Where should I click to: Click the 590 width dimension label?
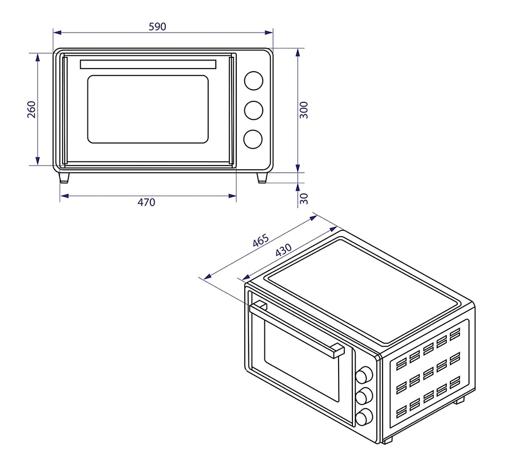[157, 27]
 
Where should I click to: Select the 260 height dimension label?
[31, 109]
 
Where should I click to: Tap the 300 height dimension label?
[304, 110]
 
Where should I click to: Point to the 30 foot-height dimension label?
[304, 199]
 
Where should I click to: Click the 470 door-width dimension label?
[146, 202]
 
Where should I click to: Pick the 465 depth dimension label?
[261, 240]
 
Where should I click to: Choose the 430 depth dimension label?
[283, 250]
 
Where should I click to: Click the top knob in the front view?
[253, 81]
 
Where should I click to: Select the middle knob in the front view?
[253, 110]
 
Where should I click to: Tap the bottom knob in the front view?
[253, 139]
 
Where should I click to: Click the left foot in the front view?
[64, 178]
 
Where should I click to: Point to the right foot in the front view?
[262, 178]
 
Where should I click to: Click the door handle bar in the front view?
[148, 64]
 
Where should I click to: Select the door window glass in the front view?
[148, 109]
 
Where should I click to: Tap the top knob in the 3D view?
[364, 375]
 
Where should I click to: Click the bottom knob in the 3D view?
[364, 417]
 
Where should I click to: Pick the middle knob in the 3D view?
[364, 396]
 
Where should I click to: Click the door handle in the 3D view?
[297, 329]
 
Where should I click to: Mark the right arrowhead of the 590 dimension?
[269, 32]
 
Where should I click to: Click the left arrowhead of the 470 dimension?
[64, 196]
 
